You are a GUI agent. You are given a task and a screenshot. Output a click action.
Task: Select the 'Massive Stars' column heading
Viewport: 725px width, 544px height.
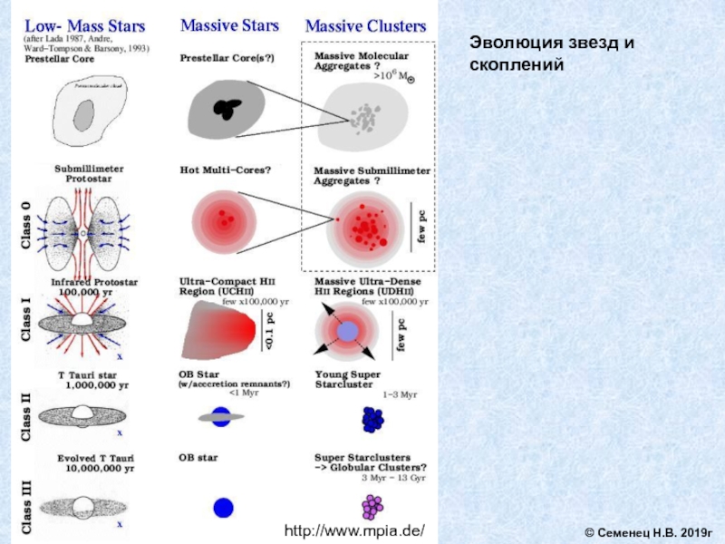click(229, 25)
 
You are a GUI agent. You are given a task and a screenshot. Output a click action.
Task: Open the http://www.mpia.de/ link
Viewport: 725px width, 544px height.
click(355, 529)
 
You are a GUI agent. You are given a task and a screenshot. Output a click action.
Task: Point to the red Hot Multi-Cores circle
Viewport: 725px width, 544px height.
click(224, 222)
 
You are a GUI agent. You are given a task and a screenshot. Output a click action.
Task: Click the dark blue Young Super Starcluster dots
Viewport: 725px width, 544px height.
click(372, 419)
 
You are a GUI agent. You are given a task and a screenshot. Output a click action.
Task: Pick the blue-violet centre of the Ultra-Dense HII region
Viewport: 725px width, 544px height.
click(348, 333)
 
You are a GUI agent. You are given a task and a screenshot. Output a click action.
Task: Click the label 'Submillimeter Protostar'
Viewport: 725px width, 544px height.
click(90, 173)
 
